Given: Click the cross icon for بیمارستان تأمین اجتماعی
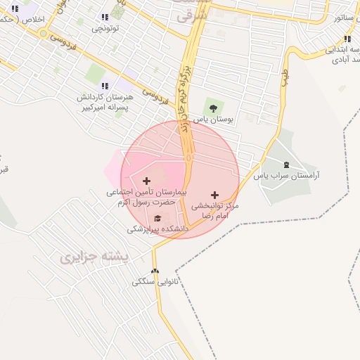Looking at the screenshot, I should tap(146, 181).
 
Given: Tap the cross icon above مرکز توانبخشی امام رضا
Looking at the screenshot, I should tap(214, 195).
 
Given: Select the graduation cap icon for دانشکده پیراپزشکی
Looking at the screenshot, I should tap(157, 219).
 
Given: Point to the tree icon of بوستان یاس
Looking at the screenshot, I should tap(210, 108).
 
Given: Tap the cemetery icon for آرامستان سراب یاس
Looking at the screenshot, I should tap(285, 164).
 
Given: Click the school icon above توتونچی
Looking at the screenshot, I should tap(105, 17).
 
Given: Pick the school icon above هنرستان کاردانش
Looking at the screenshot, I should tap(105, 86).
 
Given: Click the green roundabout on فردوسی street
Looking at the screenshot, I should tap(44, 33).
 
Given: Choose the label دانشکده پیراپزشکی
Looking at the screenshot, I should tap(158, 229).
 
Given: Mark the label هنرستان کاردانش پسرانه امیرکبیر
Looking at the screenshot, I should tap(103, 102).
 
